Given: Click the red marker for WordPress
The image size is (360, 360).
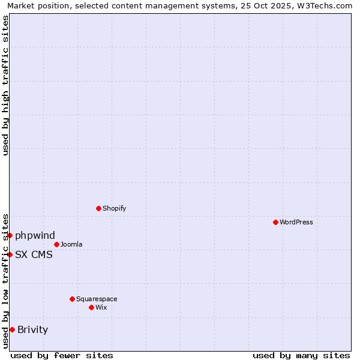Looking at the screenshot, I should tap(275, 222).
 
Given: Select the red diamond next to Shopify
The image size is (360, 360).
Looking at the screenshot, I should tap(98, 208).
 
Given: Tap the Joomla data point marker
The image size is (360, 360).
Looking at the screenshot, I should tap(56, 244).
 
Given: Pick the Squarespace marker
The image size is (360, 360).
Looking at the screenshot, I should tap(72, 299).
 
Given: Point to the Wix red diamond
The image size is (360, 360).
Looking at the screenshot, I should tap(91, 307).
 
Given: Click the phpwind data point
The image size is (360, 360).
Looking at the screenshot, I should tap(10, 235).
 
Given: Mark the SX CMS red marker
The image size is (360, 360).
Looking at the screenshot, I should tap(10, 254).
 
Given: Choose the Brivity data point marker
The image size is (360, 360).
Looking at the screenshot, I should tap(12, 329).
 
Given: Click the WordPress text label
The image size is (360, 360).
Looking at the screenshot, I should tap(296, 222).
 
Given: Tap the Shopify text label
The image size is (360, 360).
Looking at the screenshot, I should tap(115, 208).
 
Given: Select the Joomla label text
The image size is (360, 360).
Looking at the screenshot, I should tap(71, 244).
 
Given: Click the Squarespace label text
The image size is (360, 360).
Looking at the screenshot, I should tap(97, 299).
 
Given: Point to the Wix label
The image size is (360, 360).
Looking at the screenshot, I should tap(101, 307).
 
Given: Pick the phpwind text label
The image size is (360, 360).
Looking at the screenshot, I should tap(35, 235).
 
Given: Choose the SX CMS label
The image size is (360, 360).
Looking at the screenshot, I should tap(34, 254).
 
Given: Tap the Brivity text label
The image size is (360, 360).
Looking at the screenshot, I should tap(32, 329).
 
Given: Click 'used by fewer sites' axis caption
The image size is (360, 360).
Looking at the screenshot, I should tap(62, 355).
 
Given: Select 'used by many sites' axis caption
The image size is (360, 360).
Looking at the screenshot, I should tap(301, 355).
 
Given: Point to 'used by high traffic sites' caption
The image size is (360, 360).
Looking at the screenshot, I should tap(5, 85).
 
